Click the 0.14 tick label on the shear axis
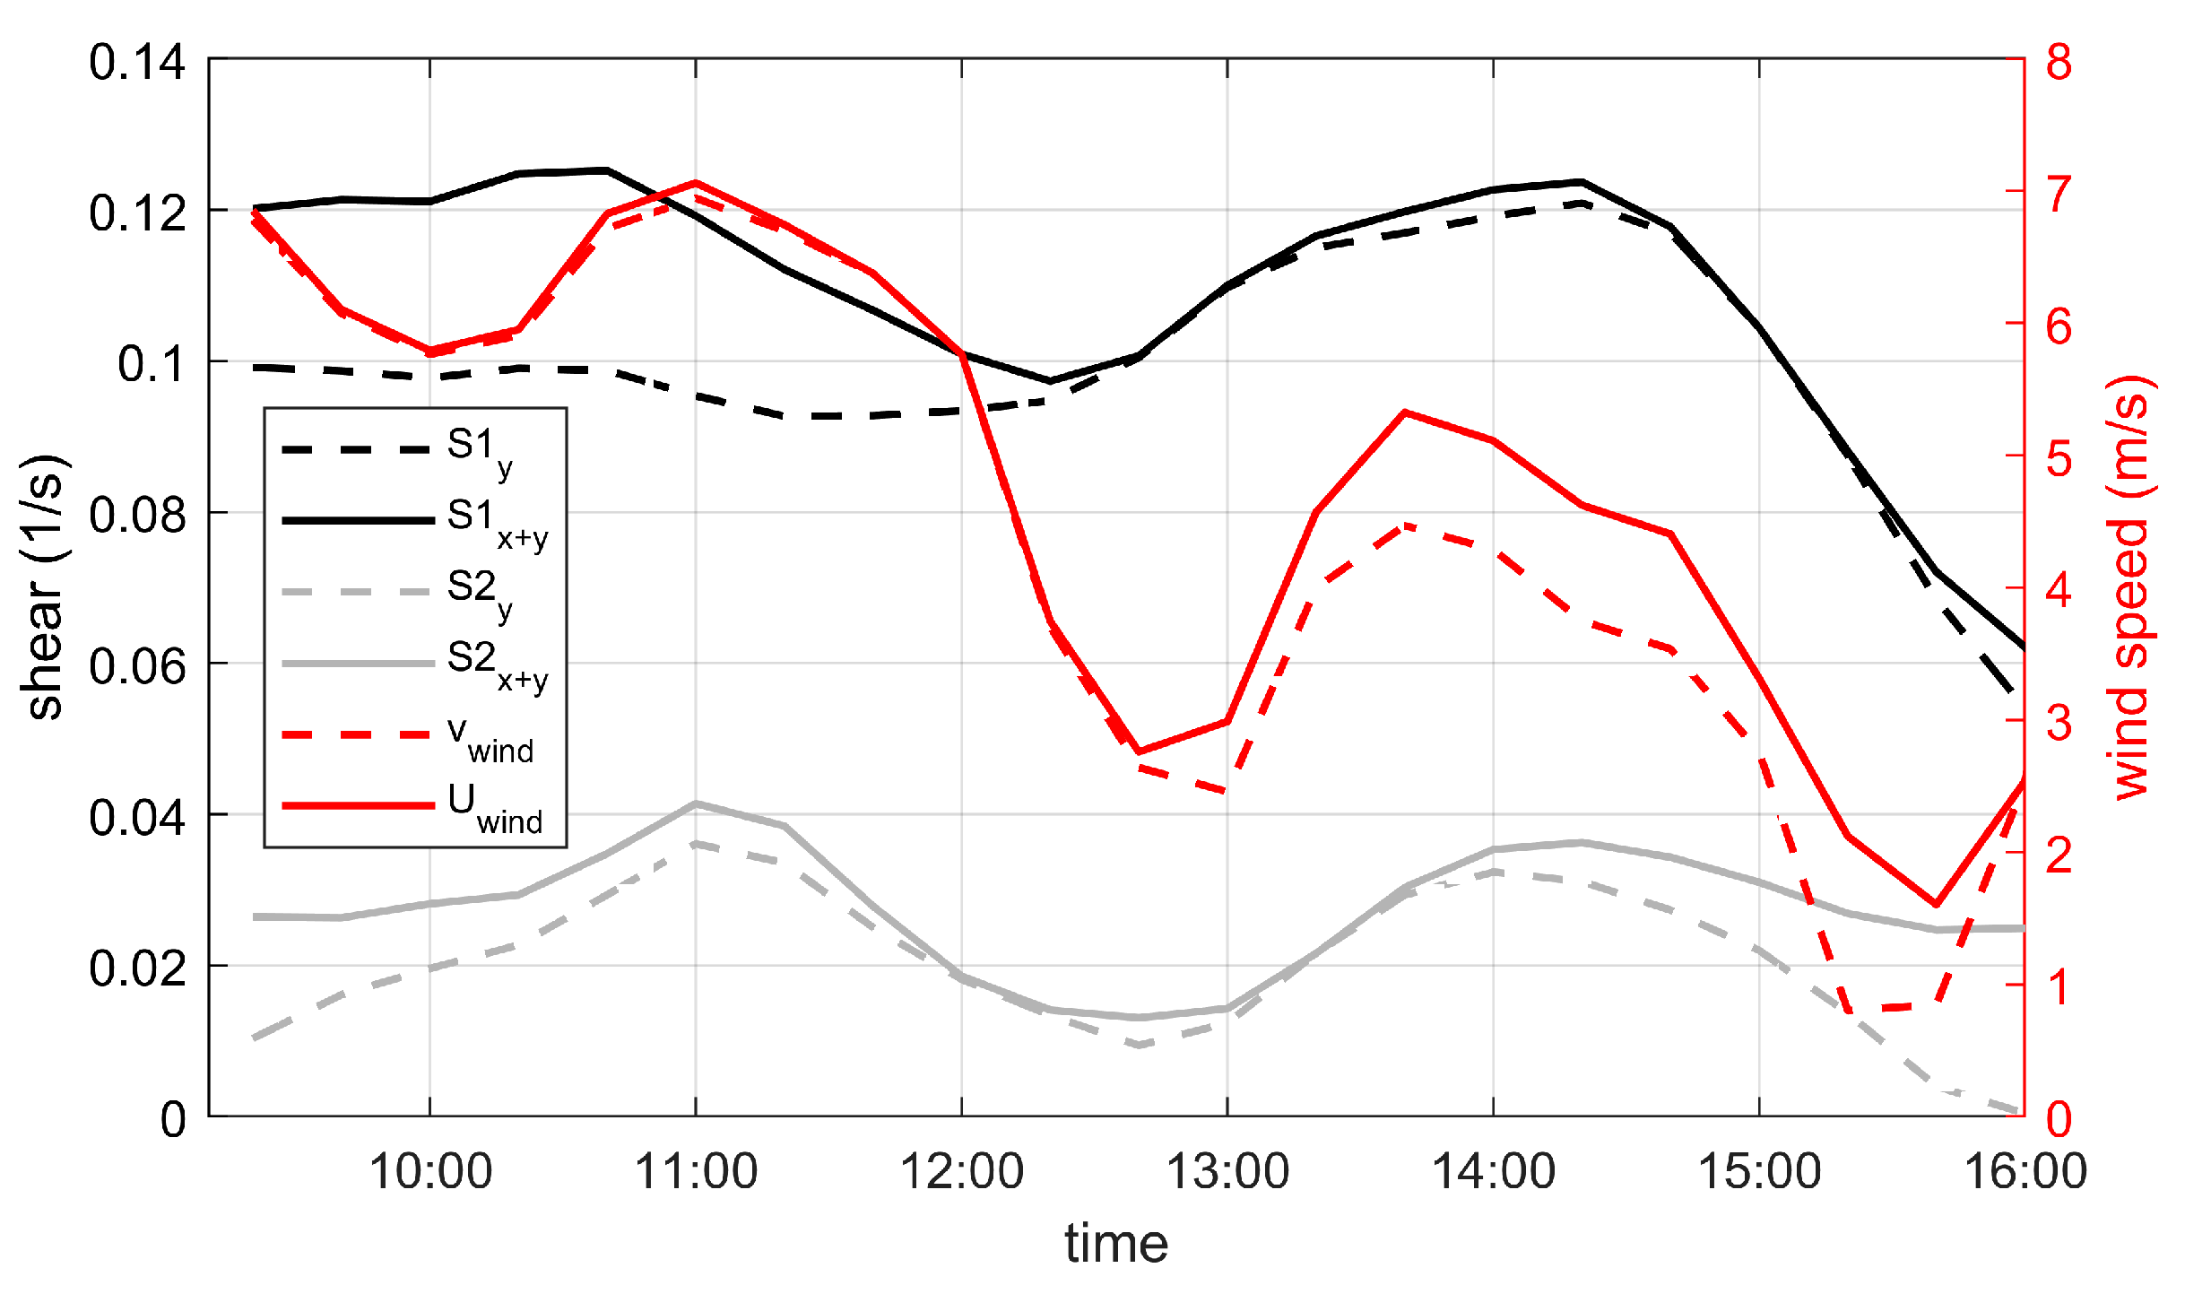[x=136, y=63]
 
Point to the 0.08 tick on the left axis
[x=136, y=516]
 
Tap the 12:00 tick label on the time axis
[x=961, y=1171]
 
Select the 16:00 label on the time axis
[x=2025, y=1171]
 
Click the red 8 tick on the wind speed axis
[x=2059, y=63]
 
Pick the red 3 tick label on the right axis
[x=2059, y=723]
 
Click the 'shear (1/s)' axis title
[x=43, y=587]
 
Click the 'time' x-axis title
[x=1116, y=1244]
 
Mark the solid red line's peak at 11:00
[x=696, y=183]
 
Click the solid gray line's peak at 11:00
[x=696, y=803]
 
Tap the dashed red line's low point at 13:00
[x=1227, y=791]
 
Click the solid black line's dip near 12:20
[x=1051, y=381]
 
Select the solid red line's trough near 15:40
[x=1936, y=905]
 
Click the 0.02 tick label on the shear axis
[x=136, y=968]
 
